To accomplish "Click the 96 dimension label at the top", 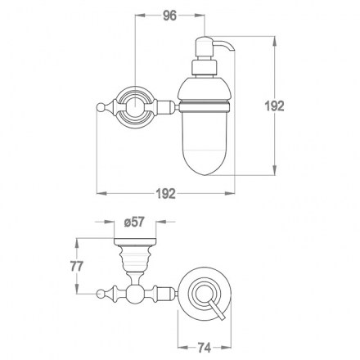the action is (169, 16).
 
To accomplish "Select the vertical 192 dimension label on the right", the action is (275, 106).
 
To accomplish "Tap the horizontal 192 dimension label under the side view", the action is (166, 193).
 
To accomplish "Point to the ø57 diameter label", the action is (133, 222).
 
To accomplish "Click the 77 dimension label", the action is (77, 266).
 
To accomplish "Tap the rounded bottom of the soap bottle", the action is (205, 163).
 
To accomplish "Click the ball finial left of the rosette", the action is (101, 107).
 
